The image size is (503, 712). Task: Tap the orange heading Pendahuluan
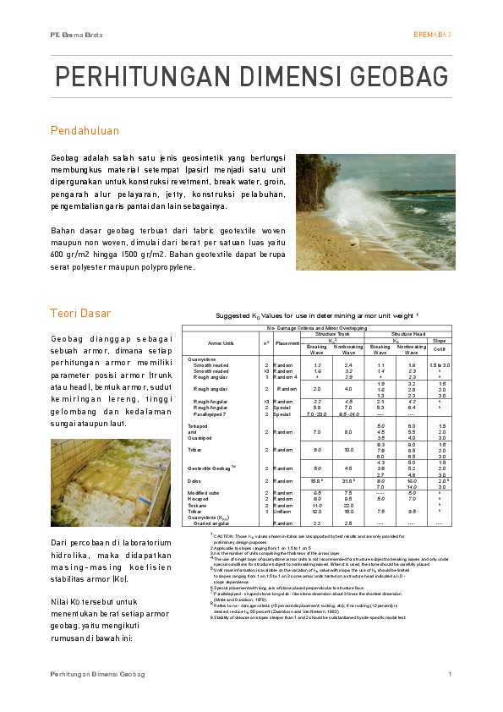[x=85, y=131]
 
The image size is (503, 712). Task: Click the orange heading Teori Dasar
[x=80, y=314]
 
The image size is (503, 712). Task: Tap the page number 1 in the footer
[x=450, y=674]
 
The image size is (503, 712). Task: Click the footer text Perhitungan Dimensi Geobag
[x=97, y=674]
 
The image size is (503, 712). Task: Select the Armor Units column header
[x=221, y=342]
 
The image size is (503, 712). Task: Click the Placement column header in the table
[x=287, y=342]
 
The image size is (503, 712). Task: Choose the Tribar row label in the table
[x=195, y=450]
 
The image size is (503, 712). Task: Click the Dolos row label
[x=194, y=480]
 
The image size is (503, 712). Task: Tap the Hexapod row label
[x=198, y=499]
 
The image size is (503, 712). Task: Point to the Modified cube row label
[x=202, y=493]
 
